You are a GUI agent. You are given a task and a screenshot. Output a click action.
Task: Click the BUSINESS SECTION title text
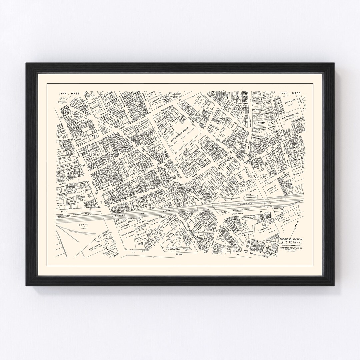tap(291, 239)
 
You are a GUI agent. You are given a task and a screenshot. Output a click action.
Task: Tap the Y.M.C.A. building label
tap(63, 159)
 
